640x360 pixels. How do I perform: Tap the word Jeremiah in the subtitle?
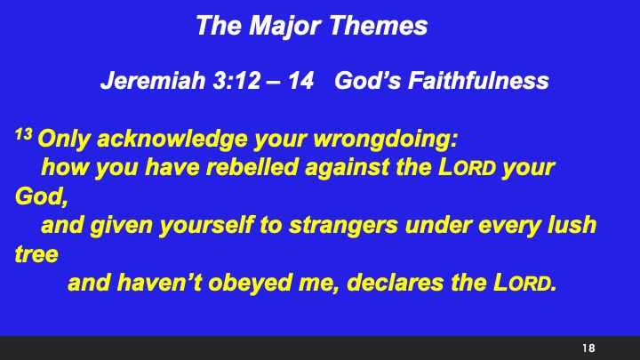coord(139,82)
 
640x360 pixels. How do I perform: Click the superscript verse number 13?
coord(24,135)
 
